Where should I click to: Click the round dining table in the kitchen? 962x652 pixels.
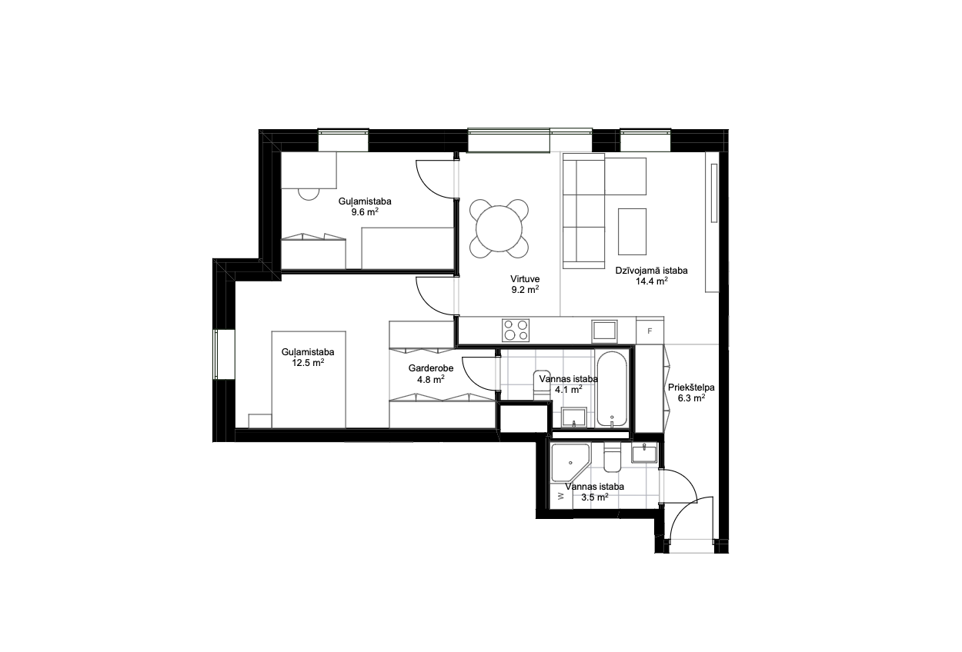click(499, 228)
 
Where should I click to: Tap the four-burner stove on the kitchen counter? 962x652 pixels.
click(516, 331)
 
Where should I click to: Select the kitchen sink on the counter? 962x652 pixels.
click(604, 331)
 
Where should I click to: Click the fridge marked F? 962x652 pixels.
click(650, 331)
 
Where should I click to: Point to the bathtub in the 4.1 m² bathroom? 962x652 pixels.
click(611, 388)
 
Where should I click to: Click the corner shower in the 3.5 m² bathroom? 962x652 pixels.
click(571, 463)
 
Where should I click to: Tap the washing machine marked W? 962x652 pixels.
click(559, 496)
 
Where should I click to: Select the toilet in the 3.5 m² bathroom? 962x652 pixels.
click(612, 457)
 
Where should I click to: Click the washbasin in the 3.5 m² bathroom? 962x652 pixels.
click(644, 454)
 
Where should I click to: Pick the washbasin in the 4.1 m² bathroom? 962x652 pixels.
click(574, 417)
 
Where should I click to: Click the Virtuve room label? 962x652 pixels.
click(525, 278)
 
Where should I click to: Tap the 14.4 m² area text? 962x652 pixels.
click(652, 281)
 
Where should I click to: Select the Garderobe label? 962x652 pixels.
click(431, 368)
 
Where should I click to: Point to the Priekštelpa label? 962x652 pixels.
click(691, 388)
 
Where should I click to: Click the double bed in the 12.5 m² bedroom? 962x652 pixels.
click(309, 379)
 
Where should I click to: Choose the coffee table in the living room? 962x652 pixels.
click(632, 231)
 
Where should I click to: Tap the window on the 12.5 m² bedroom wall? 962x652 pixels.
click(215, 354)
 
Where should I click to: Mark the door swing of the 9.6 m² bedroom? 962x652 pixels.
click(435, 178)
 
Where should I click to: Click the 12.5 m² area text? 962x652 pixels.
click(308, 363)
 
